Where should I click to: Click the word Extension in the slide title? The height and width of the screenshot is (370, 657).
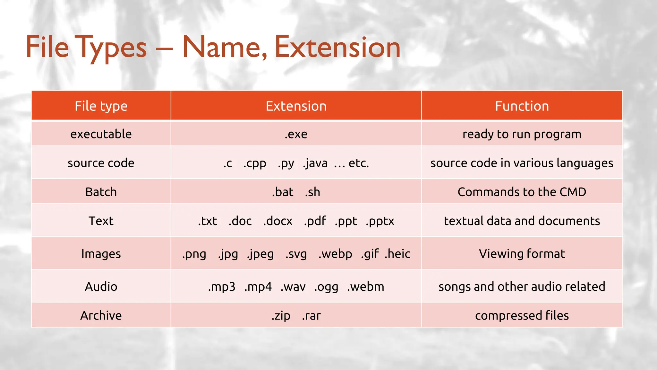click(x=337, y=48)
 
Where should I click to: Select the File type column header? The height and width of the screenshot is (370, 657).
click(x=101, y=106)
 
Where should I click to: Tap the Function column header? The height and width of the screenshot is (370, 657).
click(x=522, y=106)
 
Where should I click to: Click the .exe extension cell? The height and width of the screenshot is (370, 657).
click(x=296, y=134)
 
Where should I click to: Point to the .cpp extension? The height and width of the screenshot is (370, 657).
click(x=254, y=163)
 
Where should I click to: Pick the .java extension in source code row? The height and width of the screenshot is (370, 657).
click(x=315, y=163)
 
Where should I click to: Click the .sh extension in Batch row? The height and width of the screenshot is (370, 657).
click(x=312, y=192)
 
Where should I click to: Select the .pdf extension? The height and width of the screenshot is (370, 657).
click(x=315, y=221)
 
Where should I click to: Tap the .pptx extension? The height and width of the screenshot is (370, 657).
click(x=380, y=221)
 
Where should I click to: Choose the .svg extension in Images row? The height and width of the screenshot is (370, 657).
click(x=296, y=254)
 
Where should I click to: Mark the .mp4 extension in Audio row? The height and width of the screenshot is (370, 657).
click(x=258, y=286)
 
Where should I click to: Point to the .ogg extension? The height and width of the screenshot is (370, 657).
click(x=326, y=287)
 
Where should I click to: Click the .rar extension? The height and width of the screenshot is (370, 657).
click(x=311, y=316)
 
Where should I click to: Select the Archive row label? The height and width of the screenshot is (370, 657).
click(x=101, y=315)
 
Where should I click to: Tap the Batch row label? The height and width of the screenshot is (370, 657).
click(x=101, y=192)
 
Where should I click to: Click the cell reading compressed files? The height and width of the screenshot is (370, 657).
click(x=522, y=315)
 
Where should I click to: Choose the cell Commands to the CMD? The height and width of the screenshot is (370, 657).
click(x=522, y=192)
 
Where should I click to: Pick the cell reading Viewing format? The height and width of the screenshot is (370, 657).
click(x=522, y=254)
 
